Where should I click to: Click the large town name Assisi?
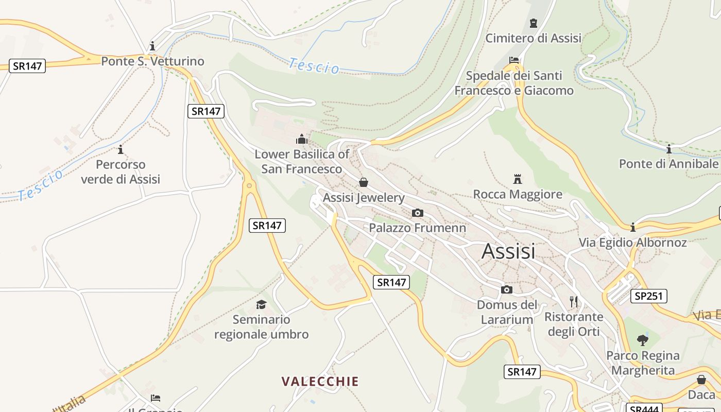508,251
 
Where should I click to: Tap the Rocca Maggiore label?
518,194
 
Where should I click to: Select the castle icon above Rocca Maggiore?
518,179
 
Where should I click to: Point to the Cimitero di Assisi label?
533,38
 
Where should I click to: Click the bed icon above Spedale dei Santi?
513,60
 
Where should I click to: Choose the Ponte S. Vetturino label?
152,61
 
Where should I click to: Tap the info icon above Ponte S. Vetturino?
152,46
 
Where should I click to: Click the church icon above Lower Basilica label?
302,139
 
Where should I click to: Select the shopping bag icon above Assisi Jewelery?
364,182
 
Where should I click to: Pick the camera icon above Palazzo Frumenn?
418,213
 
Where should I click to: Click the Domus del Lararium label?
507,312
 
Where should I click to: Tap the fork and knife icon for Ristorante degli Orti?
574,301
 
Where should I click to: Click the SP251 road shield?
649,296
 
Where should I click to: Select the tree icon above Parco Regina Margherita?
642,340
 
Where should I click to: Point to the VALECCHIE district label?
320,382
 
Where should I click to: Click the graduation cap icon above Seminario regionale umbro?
261,304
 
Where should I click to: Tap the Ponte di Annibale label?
668,164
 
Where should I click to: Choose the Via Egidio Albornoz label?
632,243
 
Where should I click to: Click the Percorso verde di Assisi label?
121,172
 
